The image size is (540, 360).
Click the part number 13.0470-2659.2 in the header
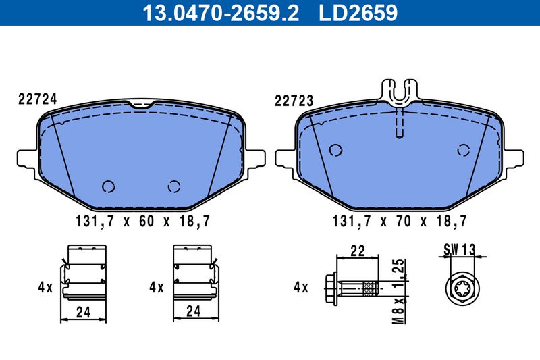[x=221, y=13]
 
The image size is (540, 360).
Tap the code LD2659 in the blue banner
[x=358, y=13]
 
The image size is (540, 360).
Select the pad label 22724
[x=37, y=99]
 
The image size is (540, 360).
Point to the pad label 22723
[x=294, y=101]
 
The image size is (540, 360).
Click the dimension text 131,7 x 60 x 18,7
[x=142, y=221]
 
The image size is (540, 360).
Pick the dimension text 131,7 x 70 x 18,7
[x=400, y=221]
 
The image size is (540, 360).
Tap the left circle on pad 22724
[x=109, y=186]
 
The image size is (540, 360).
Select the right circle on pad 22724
[x=174, y=186]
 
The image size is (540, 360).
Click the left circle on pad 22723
[x=335, y=150]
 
